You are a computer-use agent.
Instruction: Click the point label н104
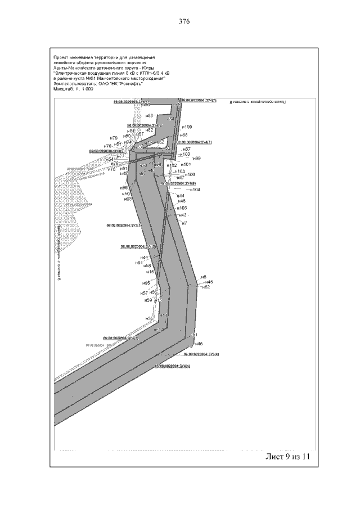(x=195, y=190)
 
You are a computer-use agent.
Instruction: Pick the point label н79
(x=114, y=138)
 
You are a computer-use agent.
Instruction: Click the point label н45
(x=209, y=282)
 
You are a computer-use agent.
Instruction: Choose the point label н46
(x=199, y=344)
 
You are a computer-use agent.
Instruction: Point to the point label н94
(x=139, y=263)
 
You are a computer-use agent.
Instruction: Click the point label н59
(x=148, y=300)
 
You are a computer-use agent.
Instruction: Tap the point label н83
(x=150, y=115)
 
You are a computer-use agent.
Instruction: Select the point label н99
(x=197, y=159)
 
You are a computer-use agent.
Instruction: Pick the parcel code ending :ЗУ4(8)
(x=179, y=183)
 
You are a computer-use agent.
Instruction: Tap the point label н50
(x=127, y=193)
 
